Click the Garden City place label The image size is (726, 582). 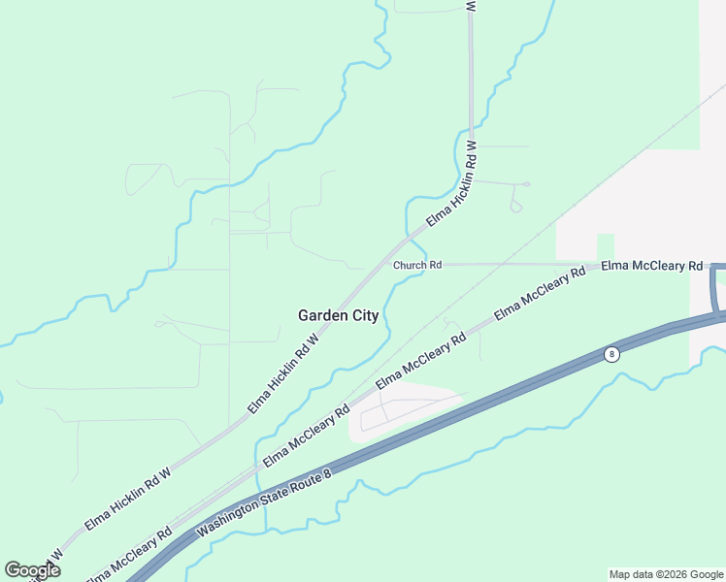click(x=338, y=315)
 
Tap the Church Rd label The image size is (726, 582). click(x=417, y=265)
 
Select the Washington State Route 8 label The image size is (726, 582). click(x=264, y=504)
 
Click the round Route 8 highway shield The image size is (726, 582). click(x=610, y=354)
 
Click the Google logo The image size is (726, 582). click(x=32, y=570)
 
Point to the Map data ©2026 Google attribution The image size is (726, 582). click(x=666, y=574)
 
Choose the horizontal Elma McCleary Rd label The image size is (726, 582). click(x=651, y=265)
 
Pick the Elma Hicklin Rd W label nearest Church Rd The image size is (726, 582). click(x=452, y=184)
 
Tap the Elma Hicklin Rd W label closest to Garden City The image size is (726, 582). click(x=283, y=373)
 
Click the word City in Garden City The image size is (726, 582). click(x=364, y=315)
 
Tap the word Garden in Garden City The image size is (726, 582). click(x=322, y=315)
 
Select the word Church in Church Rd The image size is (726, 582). click(x=411, y=265)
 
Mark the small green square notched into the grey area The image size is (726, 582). click(x=605, y=246)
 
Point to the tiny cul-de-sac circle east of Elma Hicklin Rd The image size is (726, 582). click(x=525, y=184)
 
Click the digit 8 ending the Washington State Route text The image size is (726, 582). click(x=327, y=472)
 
